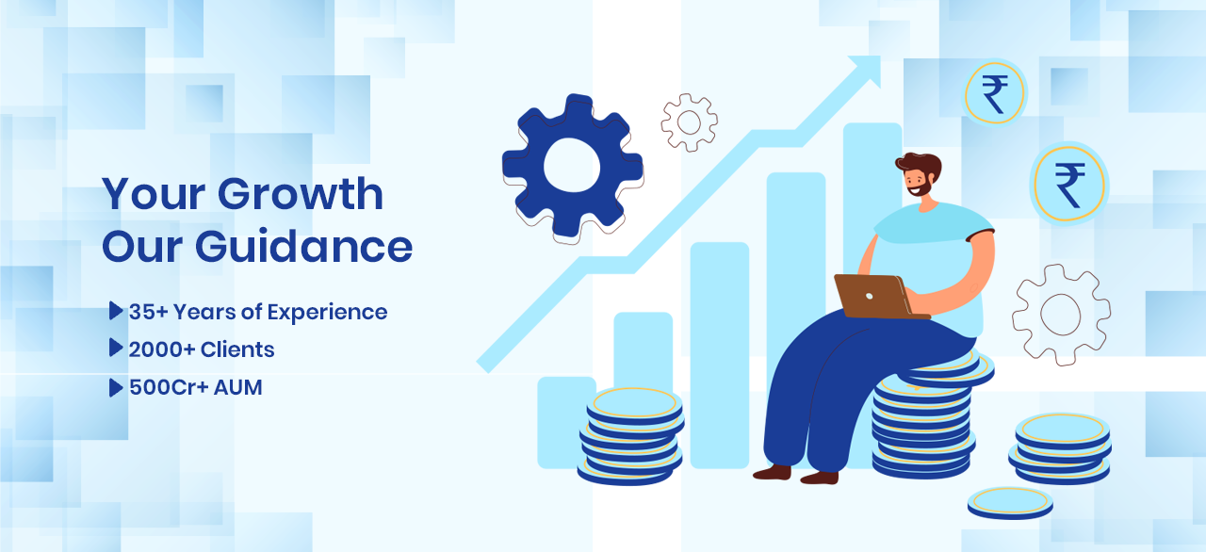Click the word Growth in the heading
300,194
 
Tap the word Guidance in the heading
303,247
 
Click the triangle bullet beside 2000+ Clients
116,348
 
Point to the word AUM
238,387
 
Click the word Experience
327,313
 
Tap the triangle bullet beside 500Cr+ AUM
116,387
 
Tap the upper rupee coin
994,92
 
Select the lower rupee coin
1068,184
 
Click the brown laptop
877,297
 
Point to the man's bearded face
918,180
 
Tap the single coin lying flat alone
1010,503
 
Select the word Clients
237,349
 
